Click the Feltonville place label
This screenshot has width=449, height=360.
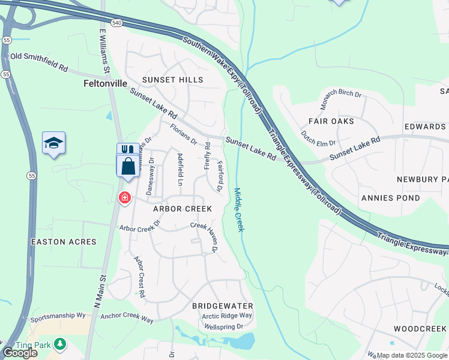[105, 85]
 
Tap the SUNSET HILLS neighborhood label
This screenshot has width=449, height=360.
[172, 80]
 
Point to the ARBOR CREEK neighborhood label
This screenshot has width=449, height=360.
[182, 209]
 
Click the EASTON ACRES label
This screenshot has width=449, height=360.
[64, 242]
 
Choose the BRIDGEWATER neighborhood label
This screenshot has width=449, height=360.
[222, 306]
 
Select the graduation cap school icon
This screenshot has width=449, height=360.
[53, 143]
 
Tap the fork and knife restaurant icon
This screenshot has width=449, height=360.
[127, 149]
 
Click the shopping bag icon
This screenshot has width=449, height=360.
[128, 166]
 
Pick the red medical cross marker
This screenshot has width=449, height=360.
[125, 197]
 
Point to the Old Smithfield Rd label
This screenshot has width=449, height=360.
[38, 61]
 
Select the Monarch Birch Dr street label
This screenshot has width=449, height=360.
[340, 99]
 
